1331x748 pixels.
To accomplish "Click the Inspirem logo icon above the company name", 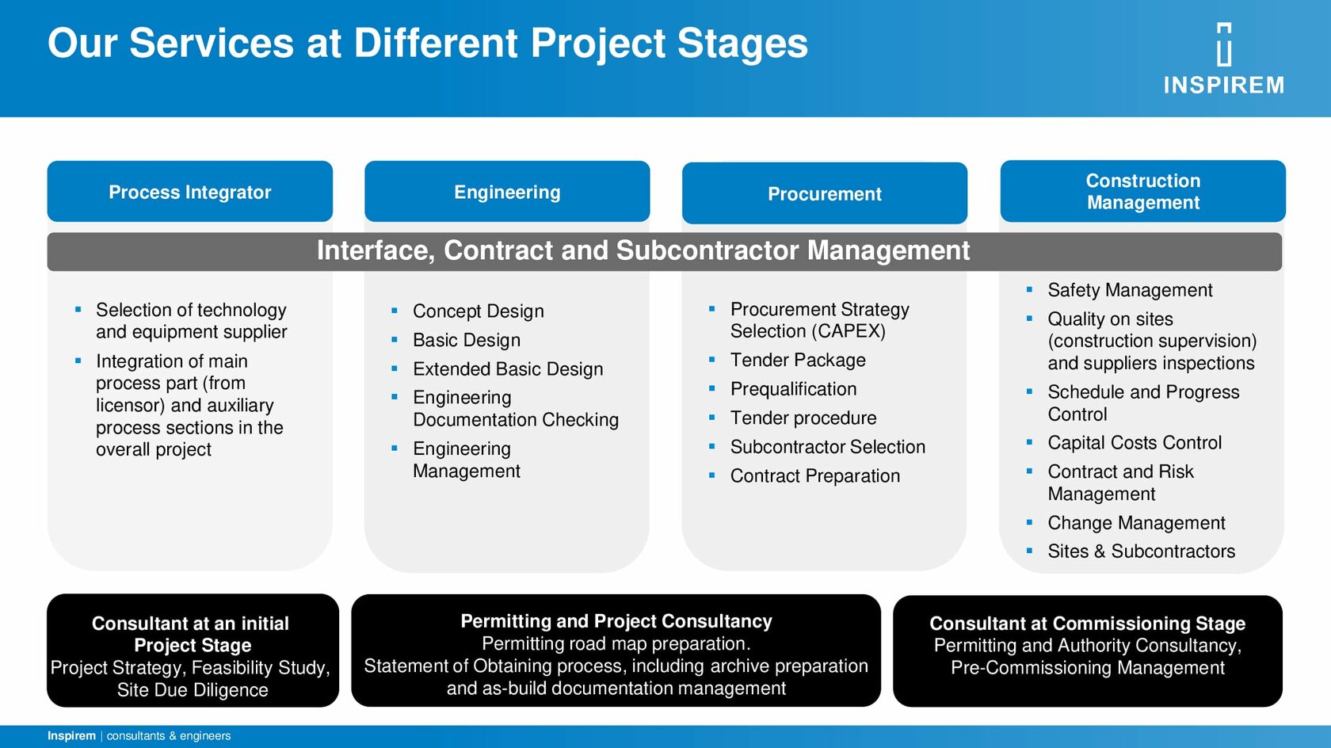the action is point(1224,44).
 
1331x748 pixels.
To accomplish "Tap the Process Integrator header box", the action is point(190,191).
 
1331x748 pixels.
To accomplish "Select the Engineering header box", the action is point(507,191).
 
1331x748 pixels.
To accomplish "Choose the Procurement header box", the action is point(825,193).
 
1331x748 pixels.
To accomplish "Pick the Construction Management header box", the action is point(1142,191).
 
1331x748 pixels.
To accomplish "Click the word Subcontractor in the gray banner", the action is point(707,250).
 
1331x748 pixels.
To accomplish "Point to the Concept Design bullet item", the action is point(479,311).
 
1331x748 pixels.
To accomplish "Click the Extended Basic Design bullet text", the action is point(508,369).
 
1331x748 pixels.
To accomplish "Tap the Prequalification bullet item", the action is point(793,389).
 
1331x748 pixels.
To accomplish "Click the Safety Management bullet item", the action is point(1130,290).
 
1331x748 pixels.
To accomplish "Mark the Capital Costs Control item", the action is point(1135,443).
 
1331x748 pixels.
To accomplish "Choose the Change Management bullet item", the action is point(1136,523).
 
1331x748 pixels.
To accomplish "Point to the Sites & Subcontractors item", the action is point(1141,551).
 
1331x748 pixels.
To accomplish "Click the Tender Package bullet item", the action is point(797,360).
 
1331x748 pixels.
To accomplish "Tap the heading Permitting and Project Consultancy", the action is point(616,621).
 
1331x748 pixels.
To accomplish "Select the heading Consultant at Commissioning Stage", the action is point(1087,624).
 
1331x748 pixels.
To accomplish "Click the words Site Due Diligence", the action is point(193,690).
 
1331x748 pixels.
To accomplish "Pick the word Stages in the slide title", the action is point(743,43).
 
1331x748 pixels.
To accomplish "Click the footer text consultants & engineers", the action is point(169,735).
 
